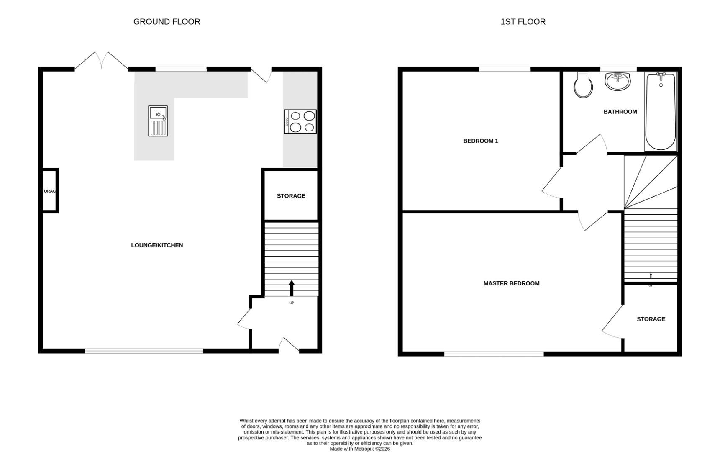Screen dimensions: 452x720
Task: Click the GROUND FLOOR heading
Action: pos(167,22)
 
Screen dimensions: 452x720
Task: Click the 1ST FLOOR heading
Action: pos(523,22)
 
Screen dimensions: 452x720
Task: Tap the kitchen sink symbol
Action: pos(158,121)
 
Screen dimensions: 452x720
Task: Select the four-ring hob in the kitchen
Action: pos(300,121)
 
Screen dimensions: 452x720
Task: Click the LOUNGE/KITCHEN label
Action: pos(157,245)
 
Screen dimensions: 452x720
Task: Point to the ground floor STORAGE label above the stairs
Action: pos(291,196)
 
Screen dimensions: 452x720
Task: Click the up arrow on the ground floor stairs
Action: pos(292,288)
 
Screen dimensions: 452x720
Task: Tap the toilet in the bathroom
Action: pos(583,85)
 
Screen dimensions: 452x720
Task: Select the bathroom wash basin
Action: pos(617,81)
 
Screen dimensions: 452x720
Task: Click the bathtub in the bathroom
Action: pos(661,111)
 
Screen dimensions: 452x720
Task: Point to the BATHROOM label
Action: pos(620,112)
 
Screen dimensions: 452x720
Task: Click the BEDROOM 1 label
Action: pos(480,141)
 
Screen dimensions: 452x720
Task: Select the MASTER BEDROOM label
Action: pos(511,283)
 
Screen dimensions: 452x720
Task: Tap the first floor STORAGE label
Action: pos(651,319)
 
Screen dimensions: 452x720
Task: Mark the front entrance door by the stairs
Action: pos(289,345)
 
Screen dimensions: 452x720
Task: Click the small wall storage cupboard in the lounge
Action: pos(49,191)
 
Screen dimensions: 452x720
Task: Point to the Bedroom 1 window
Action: pos(505,69)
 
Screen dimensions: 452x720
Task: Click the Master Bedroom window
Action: pos(494,354)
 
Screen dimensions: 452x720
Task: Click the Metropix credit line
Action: pos(360,449)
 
